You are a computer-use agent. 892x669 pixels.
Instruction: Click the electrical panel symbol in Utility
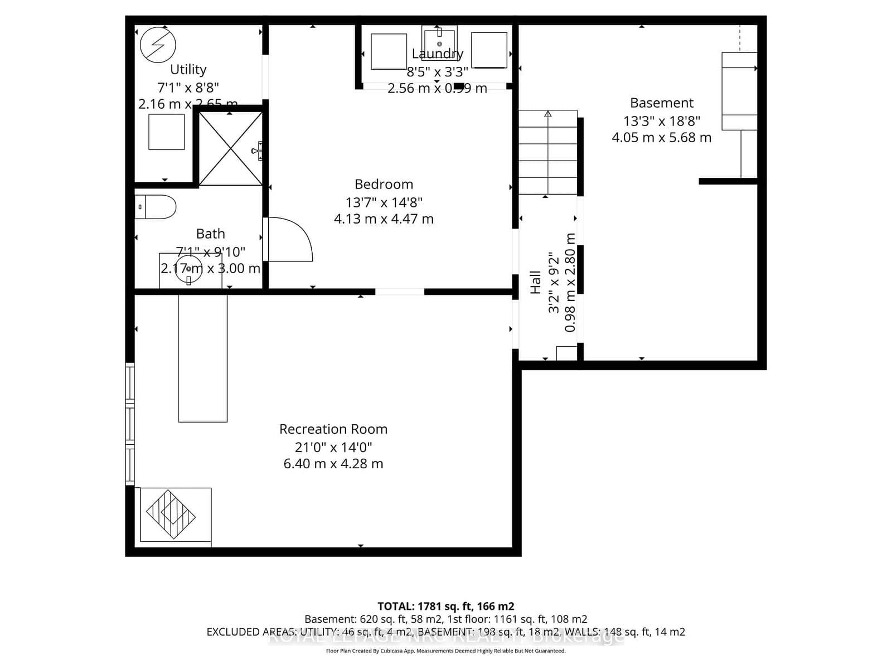point(158,45)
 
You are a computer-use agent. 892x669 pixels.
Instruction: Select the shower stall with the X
point(230,148)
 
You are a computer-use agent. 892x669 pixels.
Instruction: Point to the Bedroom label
point(384,184)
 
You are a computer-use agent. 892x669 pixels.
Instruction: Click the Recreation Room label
point(333,429)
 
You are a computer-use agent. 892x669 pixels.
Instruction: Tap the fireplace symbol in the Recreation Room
point(171,514)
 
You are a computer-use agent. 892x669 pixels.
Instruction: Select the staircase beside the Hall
point(547,152)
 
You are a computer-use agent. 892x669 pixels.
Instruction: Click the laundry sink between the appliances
point(439,42)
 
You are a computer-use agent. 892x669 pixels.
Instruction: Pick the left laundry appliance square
point(389,51)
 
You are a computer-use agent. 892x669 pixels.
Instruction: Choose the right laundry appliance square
point(489,50)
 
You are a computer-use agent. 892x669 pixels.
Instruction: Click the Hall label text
point(535,282)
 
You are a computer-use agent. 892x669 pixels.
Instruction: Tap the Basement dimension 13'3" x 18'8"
point(661,120)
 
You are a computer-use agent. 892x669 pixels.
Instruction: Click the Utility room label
point(188,69)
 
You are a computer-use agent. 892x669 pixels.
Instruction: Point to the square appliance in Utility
point(166,132)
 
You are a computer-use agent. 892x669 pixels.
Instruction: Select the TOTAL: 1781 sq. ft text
point(445,606)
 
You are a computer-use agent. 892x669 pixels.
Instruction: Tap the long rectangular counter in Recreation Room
point(202,358)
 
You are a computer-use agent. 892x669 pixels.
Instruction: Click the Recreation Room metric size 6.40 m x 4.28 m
point(333,464)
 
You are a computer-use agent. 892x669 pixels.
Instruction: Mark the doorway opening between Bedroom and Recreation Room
point(399,292)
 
